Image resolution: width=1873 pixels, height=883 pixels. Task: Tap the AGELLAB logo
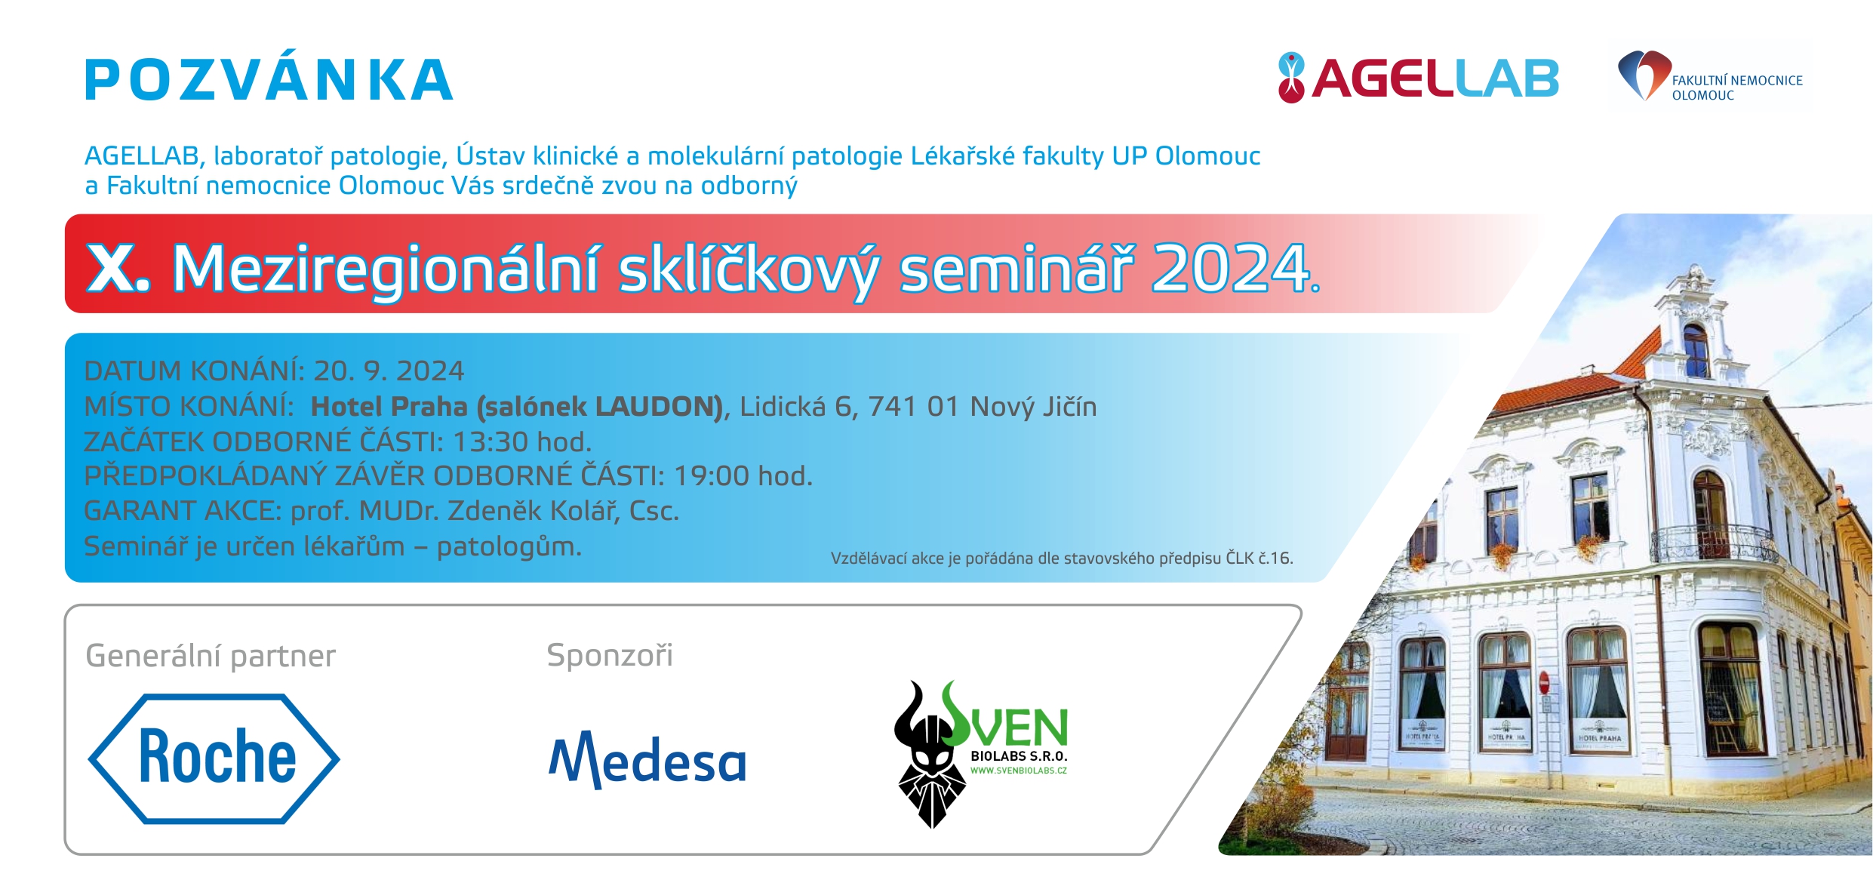(x=1418, y=78)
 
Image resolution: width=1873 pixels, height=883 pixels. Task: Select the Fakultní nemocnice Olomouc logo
(x=1710, y=76)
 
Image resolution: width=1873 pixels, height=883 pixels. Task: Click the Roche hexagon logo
(x=214, y=758)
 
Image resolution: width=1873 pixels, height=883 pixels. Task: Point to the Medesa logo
(x=647, y=758)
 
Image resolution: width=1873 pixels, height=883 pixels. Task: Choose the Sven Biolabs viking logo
(x=980, y=753)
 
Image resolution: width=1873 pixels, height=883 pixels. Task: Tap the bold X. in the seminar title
(x=118, y=268)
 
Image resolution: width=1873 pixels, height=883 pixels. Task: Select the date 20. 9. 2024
(x=389, y=371)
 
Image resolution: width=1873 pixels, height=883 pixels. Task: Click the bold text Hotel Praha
(x=389, y=406)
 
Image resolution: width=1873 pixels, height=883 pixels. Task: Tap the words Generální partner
(x=211, y=656)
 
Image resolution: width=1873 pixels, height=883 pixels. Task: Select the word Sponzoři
(x=610, y=654)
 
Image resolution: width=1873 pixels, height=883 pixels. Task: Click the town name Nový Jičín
(x=1033, y=406)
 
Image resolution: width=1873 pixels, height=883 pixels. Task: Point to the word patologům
(x=509, y=546)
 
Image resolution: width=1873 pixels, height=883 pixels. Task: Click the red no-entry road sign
(x=1544, y=683)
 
